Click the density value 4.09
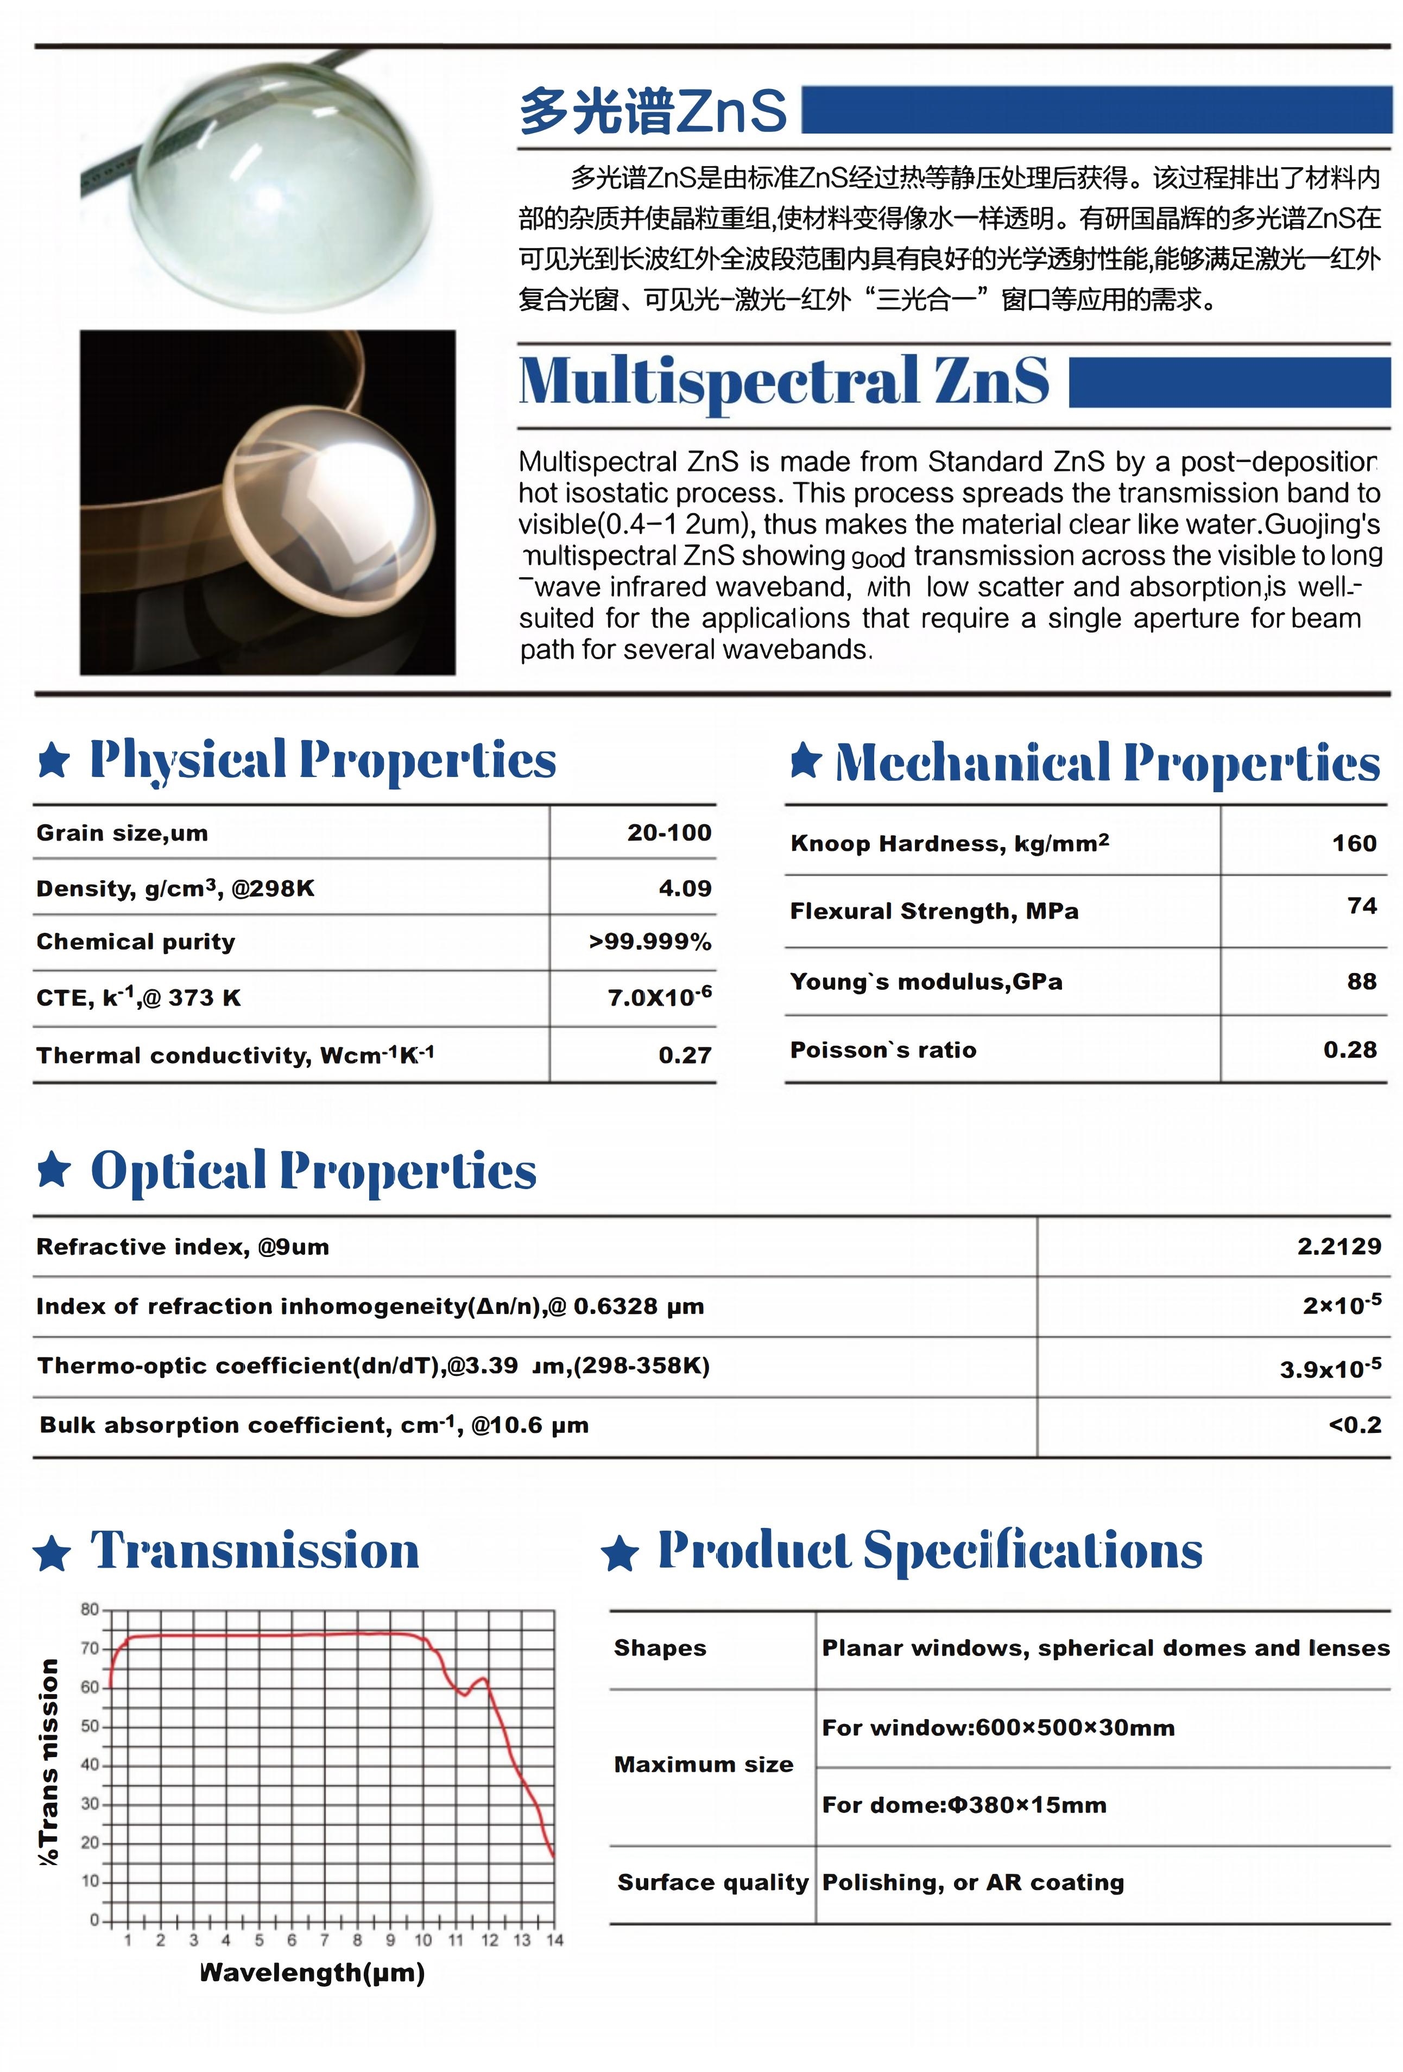[x=685, y=888]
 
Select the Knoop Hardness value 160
[x=1354, y=843]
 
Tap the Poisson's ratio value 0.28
[x=1349, y=1050]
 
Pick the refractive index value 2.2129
[x=1339, y=1247]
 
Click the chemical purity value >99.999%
[x=650, y=942]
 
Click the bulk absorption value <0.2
[x=1355, y=1425]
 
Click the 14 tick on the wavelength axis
[x=554, y=1940]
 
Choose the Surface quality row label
[x=712, y=1882]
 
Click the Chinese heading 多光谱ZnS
[x=653, y=111]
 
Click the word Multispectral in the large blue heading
[x=718, y=381]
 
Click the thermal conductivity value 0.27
[x=685, y=1056]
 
